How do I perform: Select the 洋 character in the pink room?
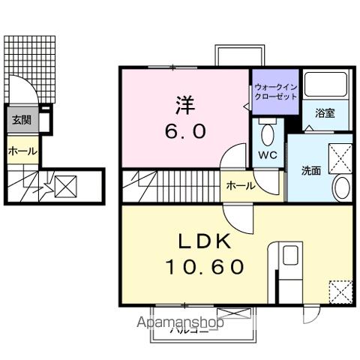tap(185, 103)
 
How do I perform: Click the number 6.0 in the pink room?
tap(185, 130)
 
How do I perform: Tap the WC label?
tap(267, 155)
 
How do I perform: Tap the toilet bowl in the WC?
tap(268, 134)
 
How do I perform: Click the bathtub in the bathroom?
tap(323, 87)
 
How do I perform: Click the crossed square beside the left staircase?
tap(65, 185)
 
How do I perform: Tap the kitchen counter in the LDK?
tap(289, 270)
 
